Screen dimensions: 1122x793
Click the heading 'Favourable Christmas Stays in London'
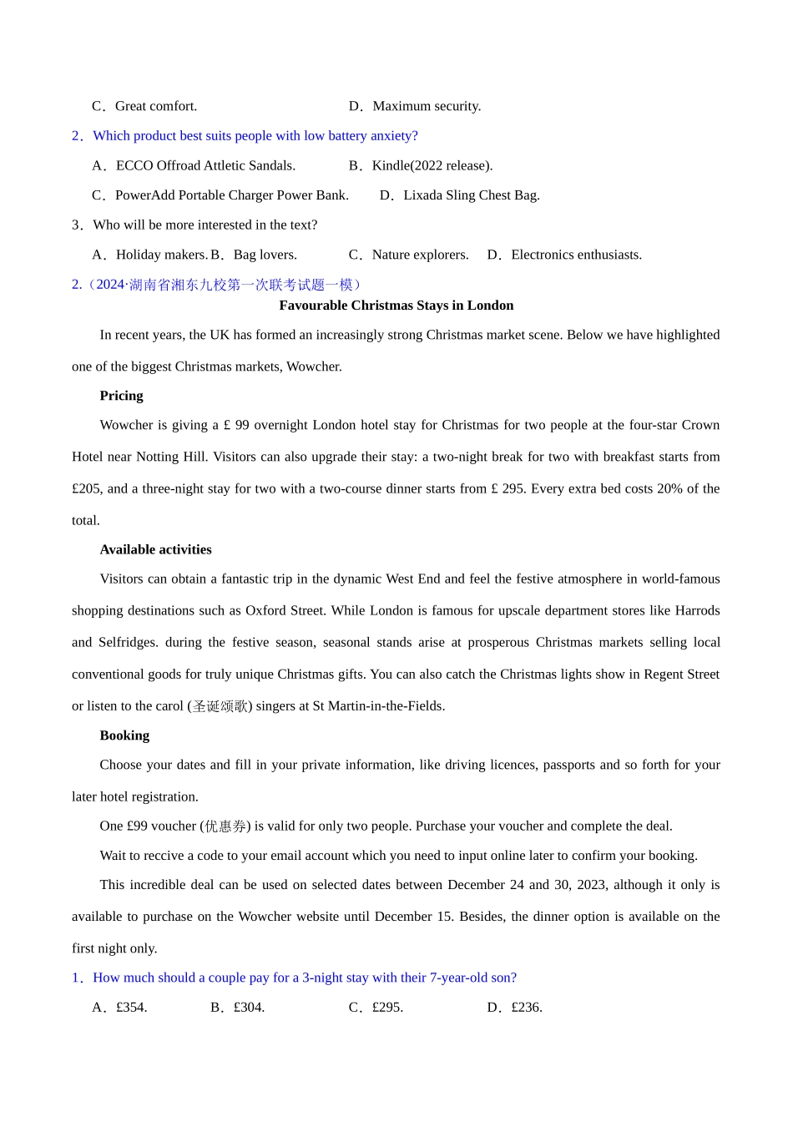click(396, 306)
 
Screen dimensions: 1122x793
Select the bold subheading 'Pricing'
click(121, 396)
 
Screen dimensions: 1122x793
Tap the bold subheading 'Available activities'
click(155, 549)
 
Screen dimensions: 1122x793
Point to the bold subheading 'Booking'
click(124, 735)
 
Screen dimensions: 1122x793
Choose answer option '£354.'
click(131, 1008)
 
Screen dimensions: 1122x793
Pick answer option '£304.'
click(249, 1008)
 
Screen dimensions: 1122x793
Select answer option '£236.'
click(526, 1008)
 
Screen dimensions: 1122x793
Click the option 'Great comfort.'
click(155, 106)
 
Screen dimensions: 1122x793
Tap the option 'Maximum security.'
click(426, 106)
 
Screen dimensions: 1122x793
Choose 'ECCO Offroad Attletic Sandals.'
click(205, 165)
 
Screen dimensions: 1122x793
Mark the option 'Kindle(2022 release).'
click(432, 165)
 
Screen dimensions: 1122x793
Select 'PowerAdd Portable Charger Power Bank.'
click(231, 195)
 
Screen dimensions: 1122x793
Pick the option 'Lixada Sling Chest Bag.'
click(471, 195)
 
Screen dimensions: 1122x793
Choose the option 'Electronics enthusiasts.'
click(576, 255)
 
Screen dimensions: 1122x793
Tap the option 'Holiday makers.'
click(161, 255)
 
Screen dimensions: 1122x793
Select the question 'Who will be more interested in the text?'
click(205, 225)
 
